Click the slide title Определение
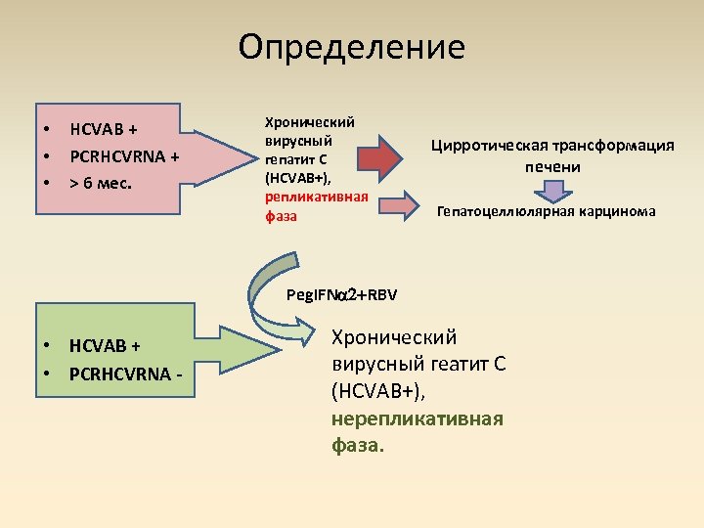pos(352,46)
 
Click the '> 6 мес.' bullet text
pos(100,182)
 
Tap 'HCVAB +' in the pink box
pos(104,129)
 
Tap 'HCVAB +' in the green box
pos(105,345)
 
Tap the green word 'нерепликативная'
pos(418,418)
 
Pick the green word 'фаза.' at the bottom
pos(358,445)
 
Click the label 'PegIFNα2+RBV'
pos(341,294)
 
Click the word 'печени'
pos(551,166)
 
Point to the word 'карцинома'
pos(615,211)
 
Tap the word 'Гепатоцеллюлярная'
pos(505,211)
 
